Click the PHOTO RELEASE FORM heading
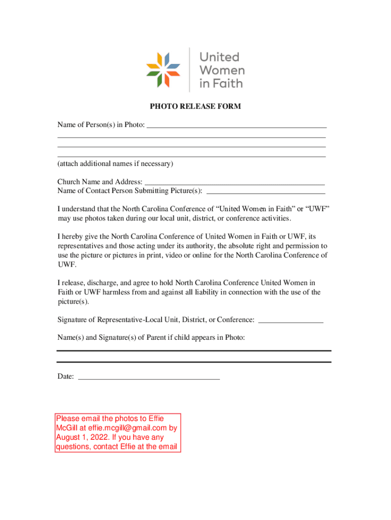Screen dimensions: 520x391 [195, 107]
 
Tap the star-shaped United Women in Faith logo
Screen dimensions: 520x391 [164, 70]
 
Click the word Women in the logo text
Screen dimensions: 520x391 [221, 70]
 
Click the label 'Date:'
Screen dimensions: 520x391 [66, 377]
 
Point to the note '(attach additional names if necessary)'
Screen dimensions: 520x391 [115, 164]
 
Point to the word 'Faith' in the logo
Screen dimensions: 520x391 [227, 83]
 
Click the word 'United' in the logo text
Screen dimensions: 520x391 [219, 57]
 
